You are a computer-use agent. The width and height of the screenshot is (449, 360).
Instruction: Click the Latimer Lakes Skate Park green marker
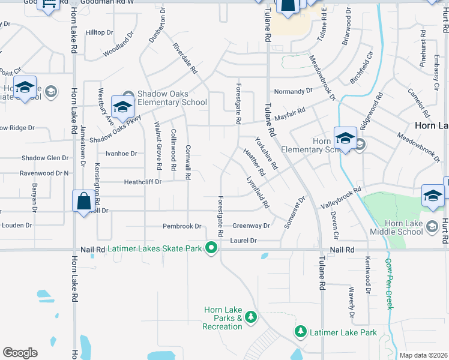click(x=211, y=247)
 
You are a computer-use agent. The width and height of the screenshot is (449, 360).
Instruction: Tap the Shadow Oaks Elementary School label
click(x=172, y=98)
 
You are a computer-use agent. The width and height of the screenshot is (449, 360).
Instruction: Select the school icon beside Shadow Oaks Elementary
click(x=122, y=108)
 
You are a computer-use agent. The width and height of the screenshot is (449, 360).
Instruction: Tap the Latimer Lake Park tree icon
click(x=301, y=331)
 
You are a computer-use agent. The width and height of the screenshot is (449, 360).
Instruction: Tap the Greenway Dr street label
click(x=251, y=226)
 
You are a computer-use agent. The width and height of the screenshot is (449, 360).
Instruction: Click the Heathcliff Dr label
click(x=143, y=182)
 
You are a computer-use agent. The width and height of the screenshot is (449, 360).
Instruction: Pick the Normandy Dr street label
click(x=294, y=91)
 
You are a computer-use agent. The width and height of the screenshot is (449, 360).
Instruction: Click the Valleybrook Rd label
click(x=340, y=197)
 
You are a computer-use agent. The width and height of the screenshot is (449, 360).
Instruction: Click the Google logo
click(x=20, y=353)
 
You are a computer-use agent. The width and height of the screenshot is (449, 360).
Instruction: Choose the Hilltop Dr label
click(x=99, y=32)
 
